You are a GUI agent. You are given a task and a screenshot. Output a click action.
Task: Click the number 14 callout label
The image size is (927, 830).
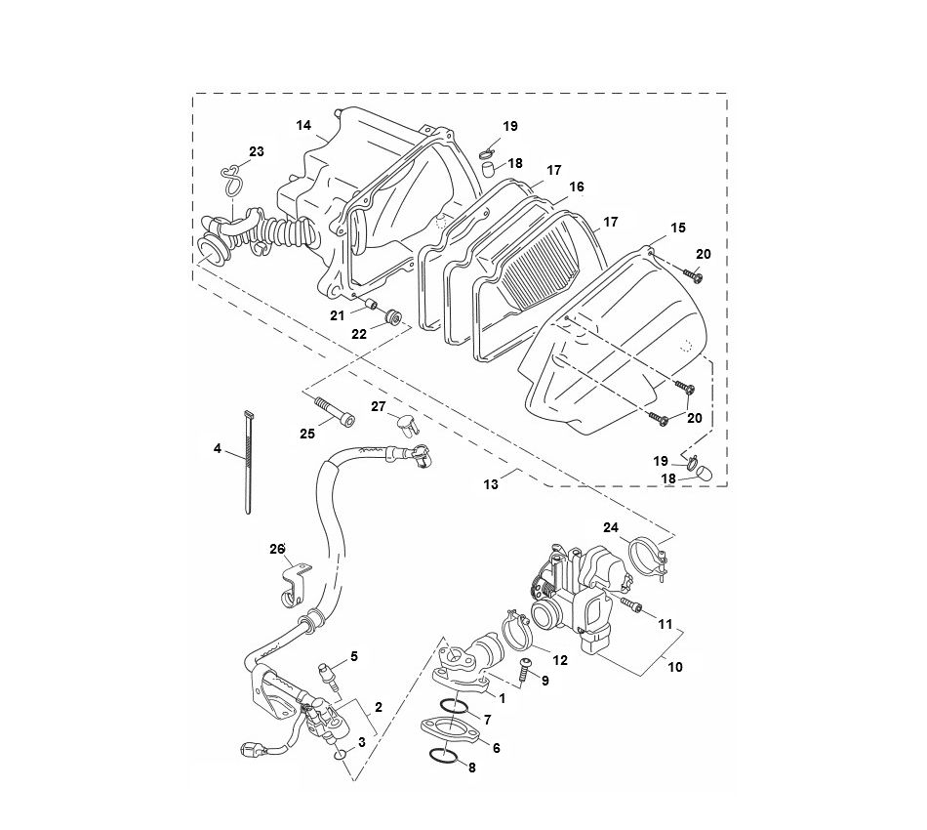coord(303,125)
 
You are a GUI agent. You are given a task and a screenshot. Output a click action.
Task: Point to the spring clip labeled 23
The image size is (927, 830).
coord(231,182)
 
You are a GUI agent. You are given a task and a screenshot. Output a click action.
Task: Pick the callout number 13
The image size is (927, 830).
coord(491,484)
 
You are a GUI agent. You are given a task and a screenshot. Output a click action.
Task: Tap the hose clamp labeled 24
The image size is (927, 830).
coord(645,560)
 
